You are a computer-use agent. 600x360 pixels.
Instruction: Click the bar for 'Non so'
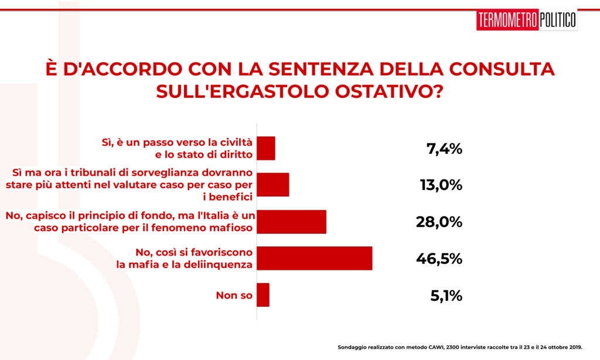click(x=263, y=295)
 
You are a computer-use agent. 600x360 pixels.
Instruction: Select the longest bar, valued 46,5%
click(x=315, y=258)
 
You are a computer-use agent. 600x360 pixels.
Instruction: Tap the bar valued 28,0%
click(x=292, y=222)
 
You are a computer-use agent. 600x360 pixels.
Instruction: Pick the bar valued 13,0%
click(x=273, y=185)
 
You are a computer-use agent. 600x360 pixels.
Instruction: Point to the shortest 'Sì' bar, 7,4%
click(x=266, y=148)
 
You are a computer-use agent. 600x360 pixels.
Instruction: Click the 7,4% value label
click(x=444, y=148)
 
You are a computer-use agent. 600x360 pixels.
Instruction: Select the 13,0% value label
click(x=441, y=185)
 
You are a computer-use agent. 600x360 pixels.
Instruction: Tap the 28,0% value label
click(x=439, y=222)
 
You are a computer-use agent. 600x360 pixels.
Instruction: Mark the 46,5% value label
click(x=439, y=259)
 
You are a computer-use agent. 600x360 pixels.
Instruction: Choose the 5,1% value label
click(x=446, y=296)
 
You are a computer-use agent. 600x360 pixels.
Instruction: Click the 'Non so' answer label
click(x=234, y=296)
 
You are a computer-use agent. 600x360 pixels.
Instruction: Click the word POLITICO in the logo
click(x=558, y=20)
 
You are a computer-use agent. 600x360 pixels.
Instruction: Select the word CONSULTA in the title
click(x=502, y=69)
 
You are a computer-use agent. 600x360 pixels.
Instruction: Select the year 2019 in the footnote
click(x=575, y=347)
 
